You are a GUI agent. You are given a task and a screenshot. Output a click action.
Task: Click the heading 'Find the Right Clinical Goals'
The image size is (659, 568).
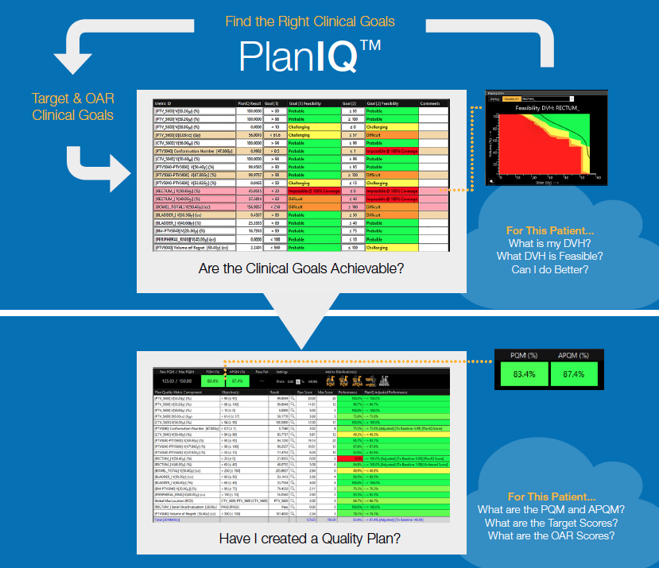310,21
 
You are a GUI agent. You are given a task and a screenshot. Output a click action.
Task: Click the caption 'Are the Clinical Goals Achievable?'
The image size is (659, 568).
301,269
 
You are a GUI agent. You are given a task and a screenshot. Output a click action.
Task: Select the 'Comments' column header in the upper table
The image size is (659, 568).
429,103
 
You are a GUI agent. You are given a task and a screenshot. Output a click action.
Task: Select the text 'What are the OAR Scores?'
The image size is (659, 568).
551,535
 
